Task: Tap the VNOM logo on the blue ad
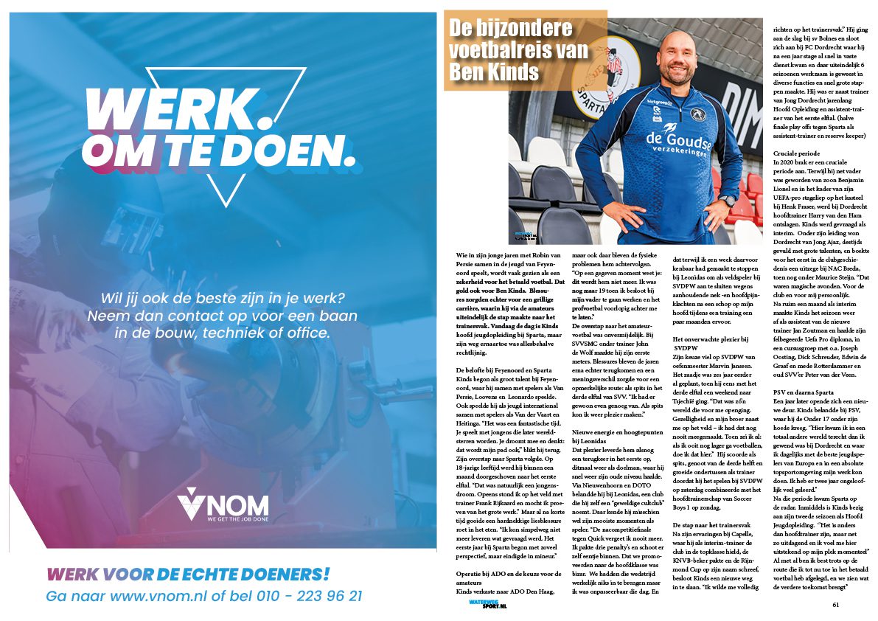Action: (222, 504)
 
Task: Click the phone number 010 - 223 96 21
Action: (308, 595)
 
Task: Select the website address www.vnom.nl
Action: (159, 595)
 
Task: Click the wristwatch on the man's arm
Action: (728, 201)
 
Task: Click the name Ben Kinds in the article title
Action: (494, 73)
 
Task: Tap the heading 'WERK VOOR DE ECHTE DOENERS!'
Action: (189, 574)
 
